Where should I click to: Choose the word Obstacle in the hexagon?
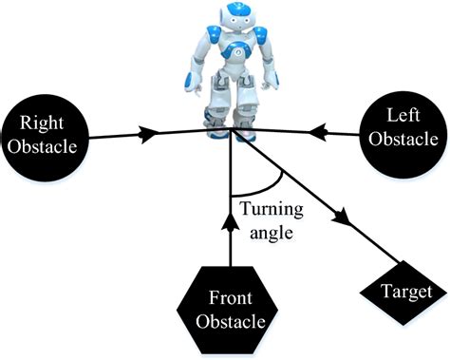230,322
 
